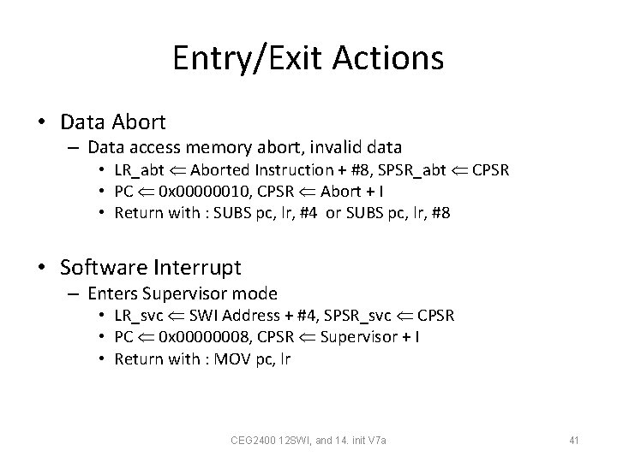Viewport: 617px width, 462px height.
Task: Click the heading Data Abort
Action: [114, 122]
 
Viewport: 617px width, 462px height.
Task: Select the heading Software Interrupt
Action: [151, 267]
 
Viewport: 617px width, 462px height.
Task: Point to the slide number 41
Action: [574, 440]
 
